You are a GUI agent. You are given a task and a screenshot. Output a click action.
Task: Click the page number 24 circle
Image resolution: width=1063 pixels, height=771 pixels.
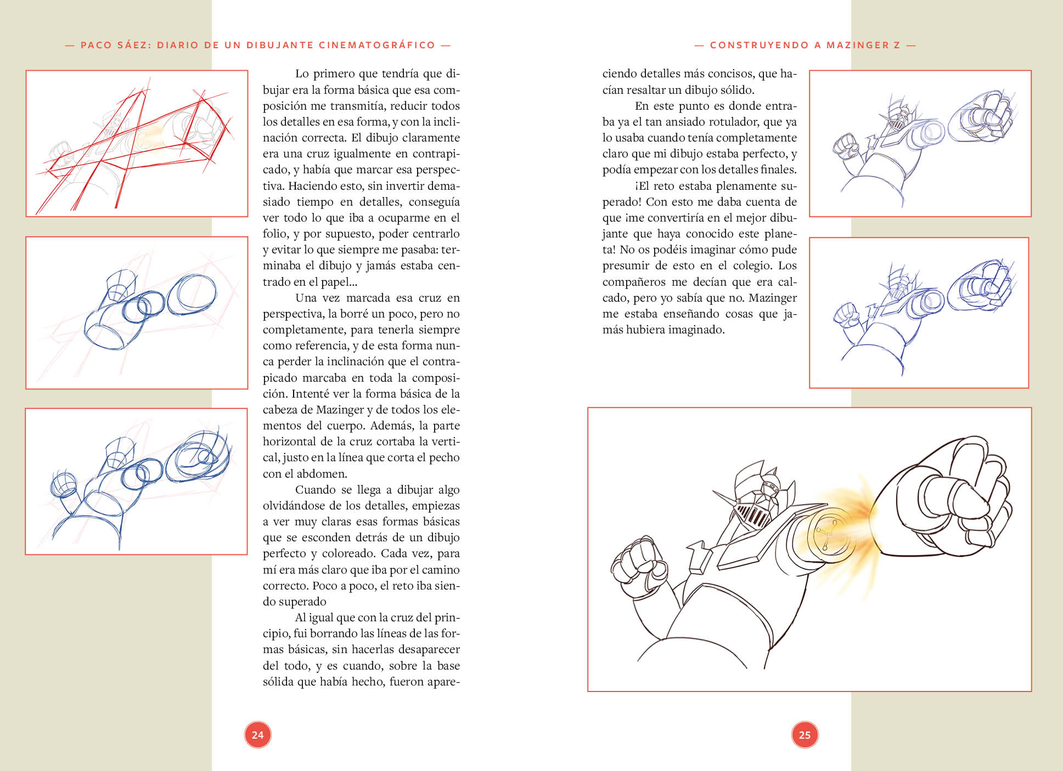[x=257, y=735]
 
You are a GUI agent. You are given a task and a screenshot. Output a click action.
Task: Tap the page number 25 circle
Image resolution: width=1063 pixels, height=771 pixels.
[x=805, y=735]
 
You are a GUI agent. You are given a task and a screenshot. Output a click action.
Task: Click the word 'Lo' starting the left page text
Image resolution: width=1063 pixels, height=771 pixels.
[x=302, y=73]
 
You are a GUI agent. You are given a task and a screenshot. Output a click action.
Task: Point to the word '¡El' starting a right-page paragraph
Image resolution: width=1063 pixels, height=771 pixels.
[x=643, y=186]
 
